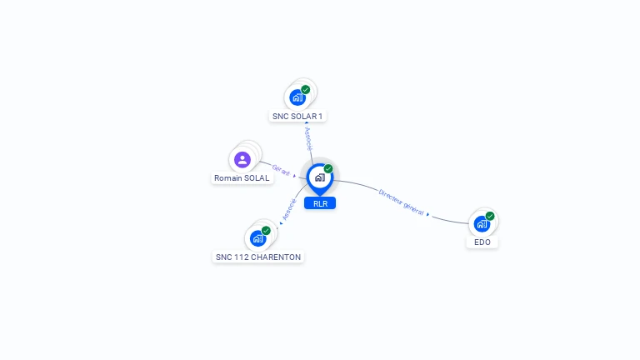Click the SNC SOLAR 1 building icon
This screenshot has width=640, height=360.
click(297, 97)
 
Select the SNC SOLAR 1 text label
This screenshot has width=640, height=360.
click(297, 117)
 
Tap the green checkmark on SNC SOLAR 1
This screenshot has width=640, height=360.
click(305, 90)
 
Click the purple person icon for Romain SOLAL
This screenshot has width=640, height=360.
click(242, 160)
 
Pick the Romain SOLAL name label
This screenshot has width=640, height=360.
click(242, 178)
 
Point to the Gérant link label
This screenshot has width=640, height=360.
click(281, 170)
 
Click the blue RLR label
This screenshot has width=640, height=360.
click(320, 203)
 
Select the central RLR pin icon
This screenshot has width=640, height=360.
click(320, 179)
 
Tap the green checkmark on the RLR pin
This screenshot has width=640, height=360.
click(328, 168)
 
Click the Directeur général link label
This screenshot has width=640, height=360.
click(401, 202)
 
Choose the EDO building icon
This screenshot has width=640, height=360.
click(482, 224)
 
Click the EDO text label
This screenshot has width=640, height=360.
click(482, 242)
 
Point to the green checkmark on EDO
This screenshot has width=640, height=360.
click(490, 216)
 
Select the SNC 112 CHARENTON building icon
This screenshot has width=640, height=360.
click(258, 238)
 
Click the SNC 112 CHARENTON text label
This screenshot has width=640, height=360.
click(258, 257)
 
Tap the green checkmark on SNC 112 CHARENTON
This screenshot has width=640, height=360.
click(266, 231)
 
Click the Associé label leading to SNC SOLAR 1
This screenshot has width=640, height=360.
click(308, 139)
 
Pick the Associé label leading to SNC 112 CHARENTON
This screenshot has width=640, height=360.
click(289, 209)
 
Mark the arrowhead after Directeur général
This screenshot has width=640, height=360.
click(427, 214)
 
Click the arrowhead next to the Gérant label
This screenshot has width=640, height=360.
click(294, 176)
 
